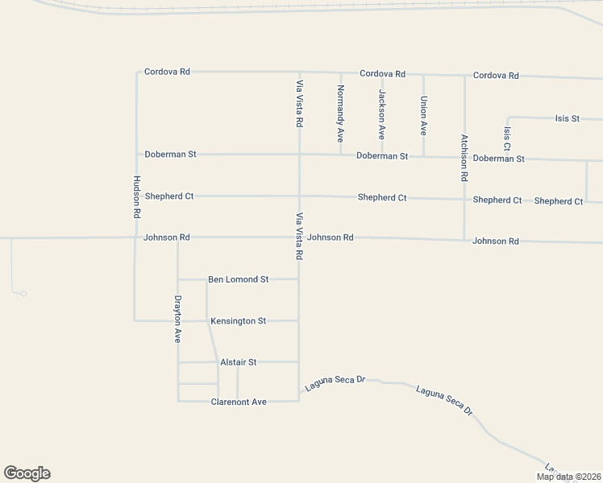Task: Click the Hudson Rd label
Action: pyautogui.click(x=137, y=198)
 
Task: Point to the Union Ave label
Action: pyautogui.click(x=423, y=115)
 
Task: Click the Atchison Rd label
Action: pyautogui.click(x=464, y=157)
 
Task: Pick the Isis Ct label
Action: pyautogui.click(x=506, y=138)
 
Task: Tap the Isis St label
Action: pyautogui.click(x=567, y=118)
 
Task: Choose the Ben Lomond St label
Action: pyautogui.click(x=238, y=279)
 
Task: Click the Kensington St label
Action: pyautogui.click(x=238, y=321)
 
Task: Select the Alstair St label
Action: pyautogui.click(x=238, y=362)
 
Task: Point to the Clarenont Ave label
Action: pyautogui.click(x=238, y=402)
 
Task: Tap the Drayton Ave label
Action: pyautogui.click(x=178, y=320)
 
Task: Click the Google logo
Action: pyautogui.click(x=27, y=473)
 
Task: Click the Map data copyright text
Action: pyautogui.click(x=568, y=477)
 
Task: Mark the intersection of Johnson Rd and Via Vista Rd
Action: pyautogui.click(x=299, y=237)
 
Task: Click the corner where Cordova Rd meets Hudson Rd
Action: pyautogui.click(x=137, y=72)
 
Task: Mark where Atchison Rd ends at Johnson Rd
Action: pyautogui.click(x=464, y=239)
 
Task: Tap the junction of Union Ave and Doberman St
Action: pyautogui.click(x=423, y=155)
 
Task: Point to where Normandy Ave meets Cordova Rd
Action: pyautogui.click(x=340, y=72)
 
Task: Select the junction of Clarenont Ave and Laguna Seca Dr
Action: pyautogui.click(x=299, y=400)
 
